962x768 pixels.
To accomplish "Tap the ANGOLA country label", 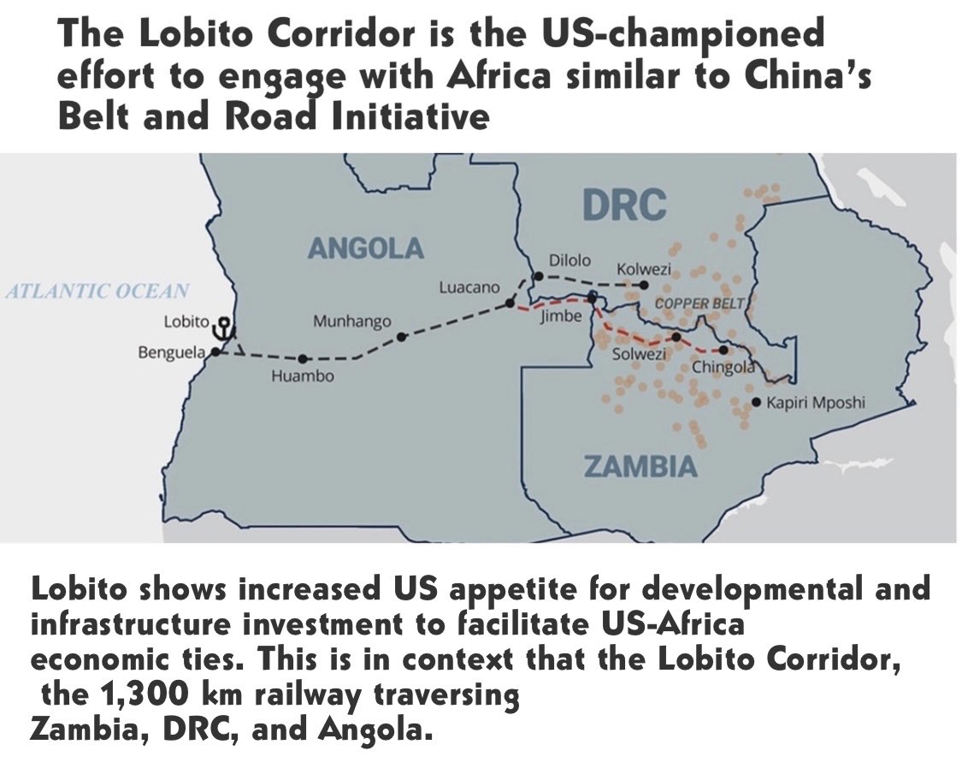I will pos(365,249).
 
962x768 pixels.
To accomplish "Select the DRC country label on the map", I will pos(623,205).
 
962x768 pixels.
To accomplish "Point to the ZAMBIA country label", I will pos(640,467).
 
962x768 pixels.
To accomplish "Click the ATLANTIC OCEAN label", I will pos(97,292).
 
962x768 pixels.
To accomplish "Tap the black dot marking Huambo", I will pos(304,358).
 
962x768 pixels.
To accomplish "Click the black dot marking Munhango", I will pos(402,337).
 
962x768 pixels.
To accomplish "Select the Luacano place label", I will pos(469,287).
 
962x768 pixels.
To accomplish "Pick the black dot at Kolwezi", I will pos(645,285).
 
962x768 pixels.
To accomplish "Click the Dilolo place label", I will pos(570,260).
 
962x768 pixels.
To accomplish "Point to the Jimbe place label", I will pos(561,316).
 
